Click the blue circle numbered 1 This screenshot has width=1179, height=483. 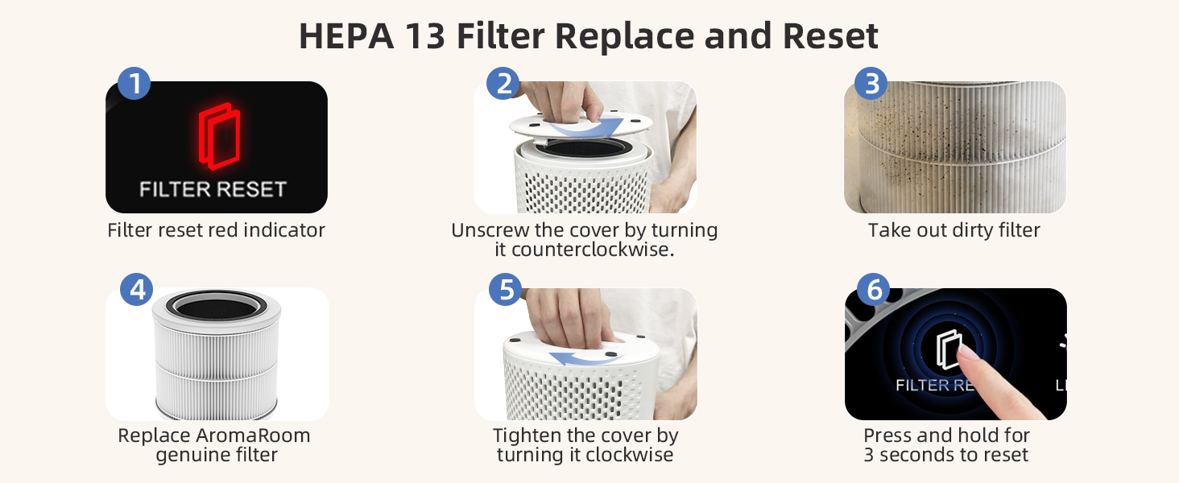pyautogui.click(x=134, y=84)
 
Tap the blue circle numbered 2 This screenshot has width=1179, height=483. pyautogui.click(x=504, y=84)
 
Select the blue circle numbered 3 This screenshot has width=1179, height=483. pyautogui.click(x=871, y=84)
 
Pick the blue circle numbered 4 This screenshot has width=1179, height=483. pyautogui.click(x=137, y=290)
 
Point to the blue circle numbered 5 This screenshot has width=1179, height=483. pyautogui.click(x=506, y=290)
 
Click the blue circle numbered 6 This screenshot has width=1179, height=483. pyautogui.click(x=874, y=290)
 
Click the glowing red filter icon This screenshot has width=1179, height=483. pyautogui.click(x=217, y=137)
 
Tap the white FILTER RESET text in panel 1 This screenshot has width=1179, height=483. pyautogui.click(x=213, y=190)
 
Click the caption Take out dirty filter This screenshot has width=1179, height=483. pyautogui.click(x=954, y=230)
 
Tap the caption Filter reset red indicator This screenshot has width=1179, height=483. pyautogui.click(x=216, y=230)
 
